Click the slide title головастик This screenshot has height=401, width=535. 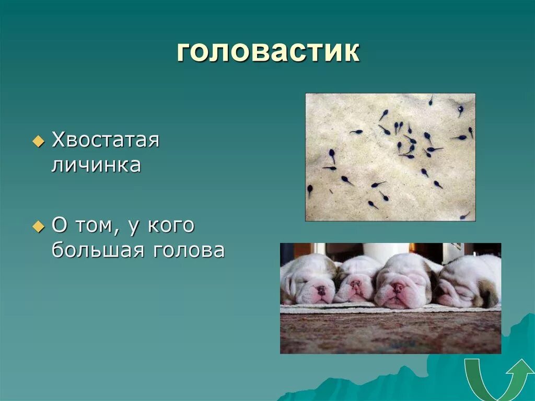click(x=268, y=52)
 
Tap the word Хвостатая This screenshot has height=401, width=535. click(x=105, y=141)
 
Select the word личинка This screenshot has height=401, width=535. click(x=96, y=165)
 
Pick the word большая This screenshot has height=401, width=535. click(x=97, y=250)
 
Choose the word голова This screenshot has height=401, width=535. click(x=189, y=250)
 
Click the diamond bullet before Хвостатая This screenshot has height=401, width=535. click(x=38, y=142)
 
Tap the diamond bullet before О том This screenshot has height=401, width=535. click(x=38, y=227)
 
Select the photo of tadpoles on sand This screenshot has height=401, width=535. click(x=390, y=157)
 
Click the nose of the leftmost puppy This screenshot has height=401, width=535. click(x=320, y=289)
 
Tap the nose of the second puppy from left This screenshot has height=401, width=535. click(x=356, y=284)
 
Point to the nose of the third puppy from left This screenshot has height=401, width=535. click(x=398, y=288)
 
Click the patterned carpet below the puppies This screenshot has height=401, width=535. click(x=390, y=332)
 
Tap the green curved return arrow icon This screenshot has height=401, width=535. click(x=499, y=380)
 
